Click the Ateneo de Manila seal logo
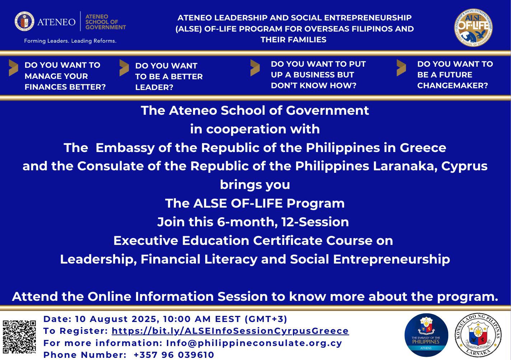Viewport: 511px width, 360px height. tap(24, 22)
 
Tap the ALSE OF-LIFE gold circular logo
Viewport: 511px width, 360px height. tap(473, 28)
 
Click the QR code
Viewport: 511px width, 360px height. tap(19, 337)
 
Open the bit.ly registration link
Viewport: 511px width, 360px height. tap(230, 331)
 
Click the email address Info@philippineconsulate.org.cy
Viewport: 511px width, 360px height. tap(254, 343)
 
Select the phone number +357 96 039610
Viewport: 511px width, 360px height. tap(174, 355)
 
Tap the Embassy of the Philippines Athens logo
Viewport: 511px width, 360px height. tap(426, 335)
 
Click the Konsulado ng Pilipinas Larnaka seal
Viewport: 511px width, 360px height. tap(478, 335)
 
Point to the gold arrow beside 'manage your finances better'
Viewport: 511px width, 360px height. tap(14, 68)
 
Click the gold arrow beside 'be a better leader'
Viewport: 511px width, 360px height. tap(124, 68)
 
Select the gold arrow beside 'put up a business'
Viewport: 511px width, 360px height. tap(255, 68)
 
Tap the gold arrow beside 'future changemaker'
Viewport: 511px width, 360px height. tap(401, 68)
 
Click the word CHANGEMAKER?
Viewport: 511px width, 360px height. tap(453, 85)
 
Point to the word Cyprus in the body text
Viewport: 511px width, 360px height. tap(464, 166)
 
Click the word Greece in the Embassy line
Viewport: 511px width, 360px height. tap(423, 148)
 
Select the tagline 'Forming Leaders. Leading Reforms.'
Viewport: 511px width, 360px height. tap(70, 41)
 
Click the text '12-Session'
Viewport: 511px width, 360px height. tap(315, 222)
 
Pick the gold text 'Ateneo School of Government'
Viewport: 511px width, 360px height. tap(106, 22)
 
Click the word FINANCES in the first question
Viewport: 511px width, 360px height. tap(46, 87)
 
